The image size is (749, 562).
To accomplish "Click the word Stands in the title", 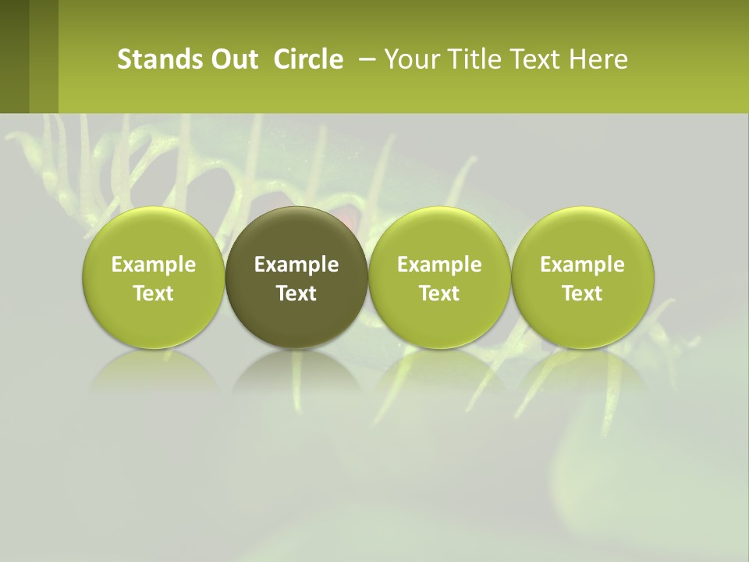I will click(151, 59).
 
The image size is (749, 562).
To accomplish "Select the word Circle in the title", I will click(308, 59).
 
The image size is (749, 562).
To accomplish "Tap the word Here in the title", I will click(598, 59).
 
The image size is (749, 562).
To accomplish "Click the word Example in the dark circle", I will click(296, 265).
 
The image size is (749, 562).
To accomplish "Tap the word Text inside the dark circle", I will click(296, 293).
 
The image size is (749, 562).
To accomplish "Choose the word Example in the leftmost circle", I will click(154, 265).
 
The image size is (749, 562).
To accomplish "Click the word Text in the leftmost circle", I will click(154, 293).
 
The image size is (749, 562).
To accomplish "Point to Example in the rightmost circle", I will click(582, 265).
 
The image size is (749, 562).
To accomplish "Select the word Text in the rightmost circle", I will click(582, 293).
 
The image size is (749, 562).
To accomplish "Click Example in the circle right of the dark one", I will click(439, 265).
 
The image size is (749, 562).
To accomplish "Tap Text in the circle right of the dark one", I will click(439, 293).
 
